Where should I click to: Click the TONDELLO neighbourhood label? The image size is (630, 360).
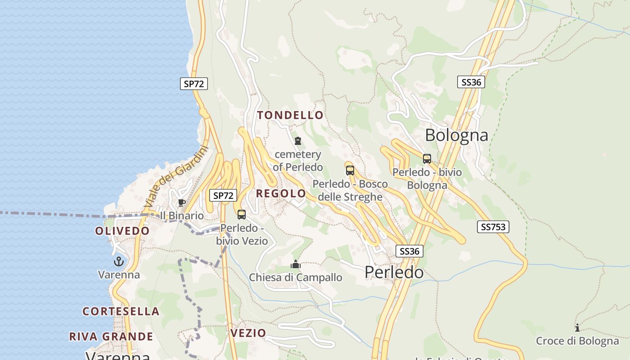point(290,115)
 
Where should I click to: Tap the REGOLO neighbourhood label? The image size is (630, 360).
point(281,193)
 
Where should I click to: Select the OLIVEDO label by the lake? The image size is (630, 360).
point(122,231)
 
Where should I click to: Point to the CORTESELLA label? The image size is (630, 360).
point(121,311)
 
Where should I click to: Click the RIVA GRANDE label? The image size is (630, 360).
point(111,337)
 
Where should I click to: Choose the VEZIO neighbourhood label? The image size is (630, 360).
point(248,333)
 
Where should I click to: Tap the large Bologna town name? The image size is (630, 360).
point(456,135)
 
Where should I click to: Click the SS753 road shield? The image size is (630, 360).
point(493,227)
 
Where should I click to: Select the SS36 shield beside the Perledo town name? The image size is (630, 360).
point(409,251)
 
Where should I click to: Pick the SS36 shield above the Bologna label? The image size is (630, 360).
point(471,82)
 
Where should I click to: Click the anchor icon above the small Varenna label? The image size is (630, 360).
point(118,261)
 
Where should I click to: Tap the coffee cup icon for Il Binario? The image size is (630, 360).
point(182,203)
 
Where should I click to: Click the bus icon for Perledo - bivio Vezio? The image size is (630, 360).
point(242,214)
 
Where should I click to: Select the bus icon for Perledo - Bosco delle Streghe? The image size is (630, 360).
point(350,170)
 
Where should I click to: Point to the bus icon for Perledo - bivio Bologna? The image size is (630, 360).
point(427,158)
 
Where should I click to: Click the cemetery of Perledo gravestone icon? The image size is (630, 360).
point(297,141)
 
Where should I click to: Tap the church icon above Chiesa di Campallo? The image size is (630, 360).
point(296,264)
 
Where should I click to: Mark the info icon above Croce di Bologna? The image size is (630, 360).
point(577,328)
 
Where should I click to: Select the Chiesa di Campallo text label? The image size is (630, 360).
point(296,278)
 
